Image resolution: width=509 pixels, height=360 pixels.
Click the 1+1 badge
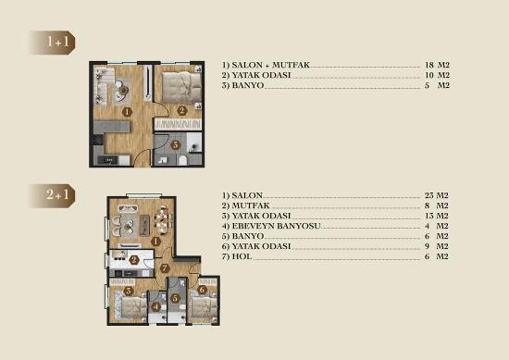[53, 43]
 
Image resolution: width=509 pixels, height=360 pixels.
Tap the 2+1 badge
[53, 196]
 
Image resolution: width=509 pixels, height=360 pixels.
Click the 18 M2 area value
[437, 65]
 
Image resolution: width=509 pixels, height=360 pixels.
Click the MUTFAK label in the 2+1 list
[251, 205]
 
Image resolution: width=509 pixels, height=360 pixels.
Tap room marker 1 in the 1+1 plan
[127, 112]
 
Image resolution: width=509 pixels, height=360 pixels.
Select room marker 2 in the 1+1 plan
[181, 111]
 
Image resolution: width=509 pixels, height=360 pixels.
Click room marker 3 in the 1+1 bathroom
[175, 144]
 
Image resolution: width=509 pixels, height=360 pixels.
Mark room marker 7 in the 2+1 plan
[165, 268]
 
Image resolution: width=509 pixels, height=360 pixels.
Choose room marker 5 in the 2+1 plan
[175, 298]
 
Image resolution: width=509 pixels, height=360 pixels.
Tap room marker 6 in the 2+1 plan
[202, 290]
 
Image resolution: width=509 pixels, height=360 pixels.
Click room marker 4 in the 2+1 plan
[156, 306]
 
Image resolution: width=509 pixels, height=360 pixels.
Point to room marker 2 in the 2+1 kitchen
[133, 260]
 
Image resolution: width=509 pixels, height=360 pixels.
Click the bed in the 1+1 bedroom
[181, 84]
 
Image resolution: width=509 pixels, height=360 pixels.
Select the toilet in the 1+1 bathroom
[182, 160]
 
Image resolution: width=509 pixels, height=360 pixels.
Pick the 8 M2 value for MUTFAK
[436, 205]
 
